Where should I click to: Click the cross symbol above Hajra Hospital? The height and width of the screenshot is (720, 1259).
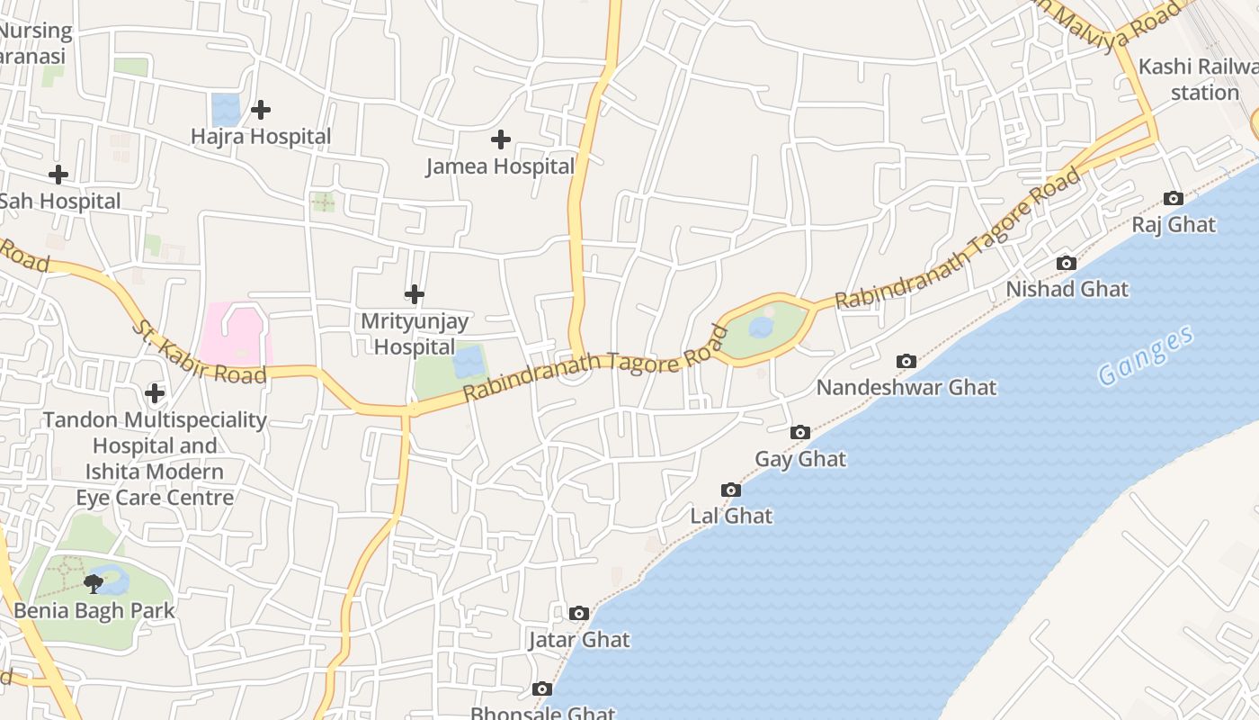[261, 110]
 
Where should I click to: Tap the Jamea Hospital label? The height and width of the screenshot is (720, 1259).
[500, 166]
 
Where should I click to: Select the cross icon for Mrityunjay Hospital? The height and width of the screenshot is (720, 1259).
[415, 294]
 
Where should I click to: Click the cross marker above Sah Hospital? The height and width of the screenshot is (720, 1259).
[58, 174]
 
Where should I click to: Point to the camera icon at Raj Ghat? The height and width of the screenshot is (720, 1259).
[1173, 198]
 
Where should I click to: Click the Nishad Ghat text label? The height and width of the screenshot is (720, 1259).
[1067, 289]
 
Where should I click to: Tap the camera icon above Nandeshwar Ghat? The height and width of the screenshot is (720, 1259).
[906, 361]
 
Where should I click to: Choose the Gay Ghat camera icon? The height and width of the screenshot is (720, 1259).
[799, 433]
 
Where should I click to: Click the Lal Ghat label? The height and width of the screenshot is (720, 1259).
[731, 516]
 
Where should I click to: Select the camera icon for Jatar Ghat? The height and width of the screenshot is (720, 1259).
[579, 613]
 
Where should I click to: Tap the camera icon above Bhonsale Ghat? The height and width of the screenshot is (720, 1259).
[542, 688]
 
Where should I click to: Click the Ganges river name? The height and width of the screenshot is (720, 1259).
[1146, 356]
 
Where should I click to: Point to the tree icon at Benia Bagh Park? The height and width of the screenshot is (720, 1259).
[94, 584]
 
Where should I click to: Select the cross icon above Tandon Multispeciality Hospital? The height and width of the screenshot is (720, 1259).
[155, 393]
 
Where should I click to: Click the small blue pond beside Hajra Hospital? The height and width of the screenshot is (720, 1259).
[226, 110]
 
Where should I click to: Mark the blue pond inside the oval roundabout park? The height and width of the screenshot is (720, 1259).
[761, 328]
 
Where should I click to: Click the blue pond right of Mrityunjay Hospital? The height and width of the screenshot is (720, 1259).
[469, 363]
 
